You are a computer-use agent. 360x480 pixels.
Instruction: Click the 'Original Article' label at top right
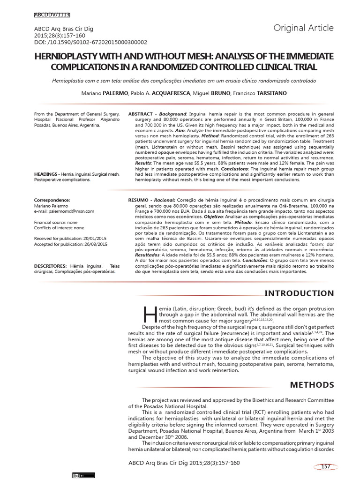(x=304, y=28)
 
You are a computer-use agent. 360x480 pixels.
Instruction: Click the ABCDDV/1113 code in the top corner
(x=52, y=15)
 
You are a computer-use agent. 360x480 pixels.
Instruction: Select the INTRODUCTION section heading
(x=299, y=294)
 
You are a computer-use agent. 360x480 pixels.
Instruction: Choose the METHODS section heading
(x=312, y=385)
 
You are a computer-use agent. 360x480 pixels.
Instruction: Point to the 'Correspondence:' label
(x=52, y=200)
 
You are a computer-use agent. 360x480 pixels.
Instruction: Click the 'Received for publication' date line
(x=70, y=238)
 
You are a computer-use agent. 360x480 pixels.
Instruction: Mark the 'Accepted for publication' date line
(x=71, y=244)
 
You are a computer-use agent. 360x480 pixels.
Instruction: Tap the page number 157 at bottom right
(x=327, y=465)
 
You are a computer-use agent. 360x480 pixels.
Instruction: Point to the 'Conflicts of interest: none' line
(x=59, y=228)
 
